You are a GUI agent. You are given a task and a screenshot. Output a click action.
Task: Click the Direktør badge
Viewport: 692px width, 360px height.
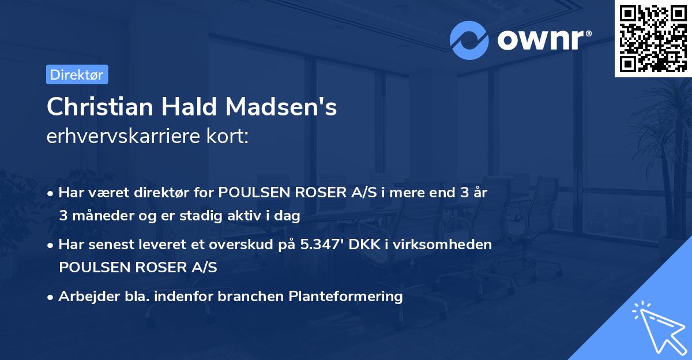[x=77, y=74]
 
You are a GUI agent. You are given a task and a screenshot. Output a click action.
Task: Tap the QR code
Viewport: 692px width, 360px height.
[x=652, y=38]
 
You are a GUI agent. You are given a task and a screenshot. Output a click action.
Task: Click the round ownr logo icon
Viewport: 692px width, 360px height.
[x=470, y=40]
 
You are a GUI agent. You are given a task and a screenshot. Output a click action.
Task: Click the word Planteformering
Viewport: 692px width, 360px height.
[x=346, y=297]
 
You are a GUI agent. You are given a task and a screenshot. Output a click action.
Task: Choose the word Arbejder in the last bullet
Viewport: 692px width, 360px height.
[x=84, y=297]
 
